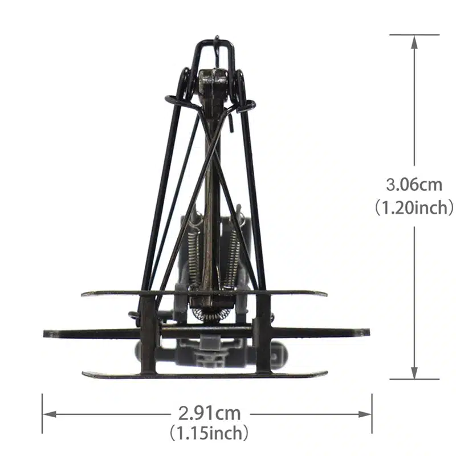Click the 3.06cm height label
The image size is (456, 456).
click(x=414, y=185)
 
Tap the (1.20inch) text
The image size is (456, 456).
click(x=414, y=207)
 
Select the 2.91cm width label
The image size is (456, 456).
click(x=209, y=413)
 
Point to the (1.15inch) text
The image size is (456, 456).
click(x=209, y=433)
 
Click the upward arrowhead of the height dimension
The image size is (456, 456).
click(x=415, y=42)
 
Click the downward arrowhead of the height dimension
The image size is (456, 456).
click(x=415, y=373)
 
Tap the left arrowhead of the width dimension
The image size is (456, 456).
click(x=50, y=414)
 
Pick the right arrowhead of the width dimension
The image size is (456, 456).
click(x=365, y=414)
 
